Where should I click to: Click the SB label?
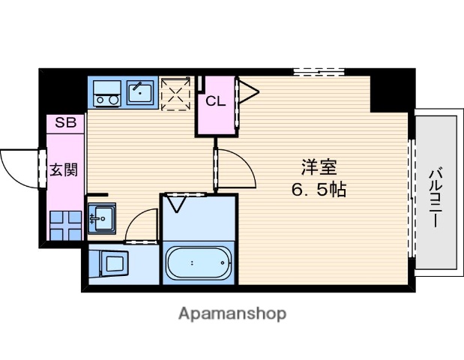click(x=66, y=122)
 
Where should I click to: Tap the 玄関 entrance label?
click(x=64, y=169)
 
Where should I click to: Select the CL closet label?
click(x=215, y=101)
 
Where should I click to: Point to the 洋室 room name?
click(x=319, y=167)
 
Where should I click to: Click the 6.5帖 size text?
click(x=319, y=190)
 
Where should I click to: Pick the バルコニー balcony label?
click(x=436, y=197)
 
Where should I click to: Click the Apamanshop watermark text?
click(x=232, y=313)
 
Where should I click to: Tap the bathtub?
click(x=198, y=263)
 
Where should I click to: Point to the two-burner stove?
click(x=106, y=93)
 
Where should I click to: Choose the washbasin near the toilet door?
click(x=102, y=218)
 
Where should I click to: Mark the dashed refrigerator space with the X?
click(x=175, y=94)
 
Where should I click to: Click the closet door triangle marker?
click(x=249, y=91)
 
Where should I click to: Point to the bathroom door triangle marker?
click(x=176, y=204)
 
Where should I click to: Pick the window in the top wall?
click(x=319, y=72)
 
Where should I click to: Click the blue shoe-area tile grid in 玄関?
click(x=65, y=225)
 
